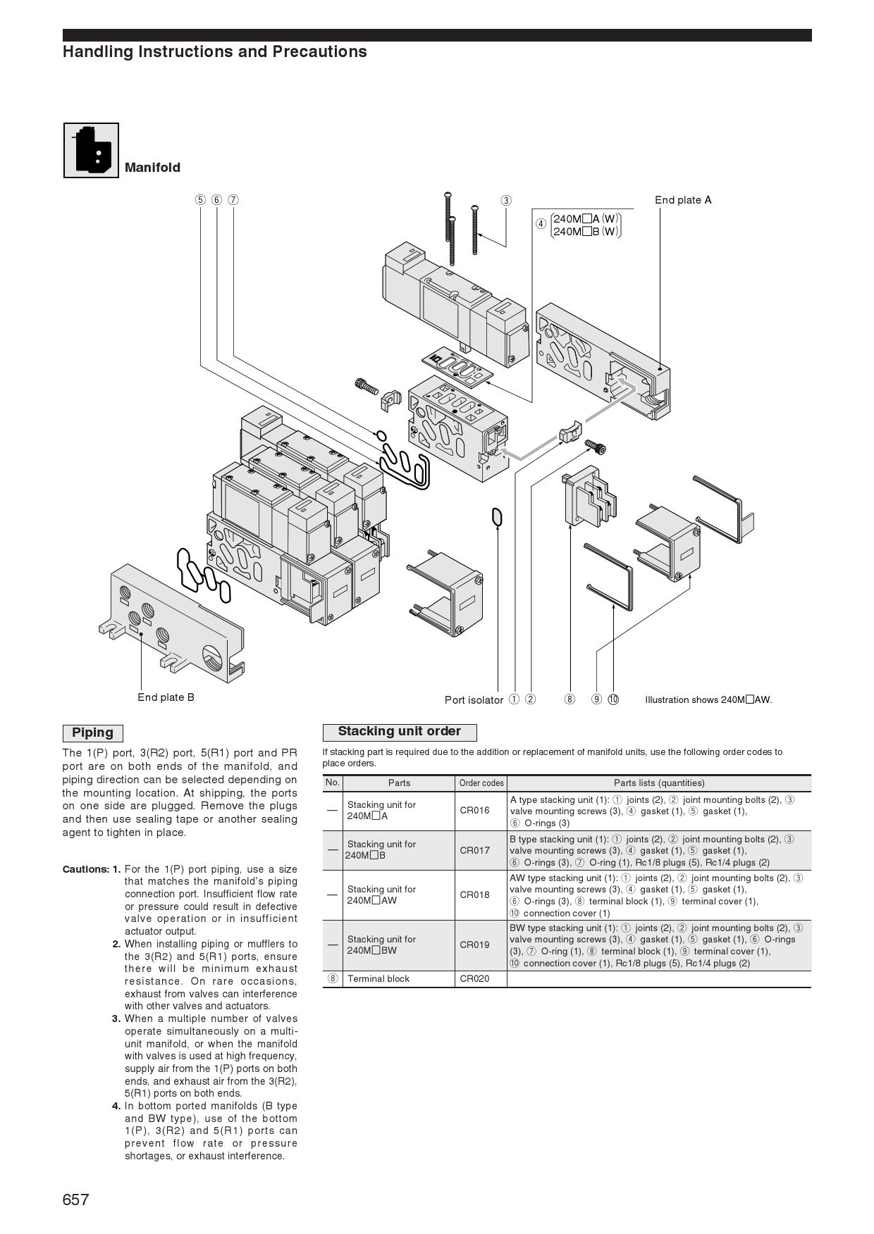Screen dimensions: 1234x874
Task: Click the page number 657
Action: click(76, 1199)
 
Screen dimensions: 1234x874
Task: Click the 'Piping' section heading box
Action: click(92, 733)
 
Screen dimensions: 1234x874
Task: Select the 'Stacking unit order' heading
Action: click(399, 732)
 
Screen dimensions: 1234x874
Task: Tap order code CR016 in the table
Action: click(474, 811)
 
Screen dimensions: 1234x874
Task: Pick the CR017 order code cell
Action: click(474, 850)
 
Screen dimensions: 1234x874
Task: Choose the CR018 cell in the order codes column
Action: click(474, 895)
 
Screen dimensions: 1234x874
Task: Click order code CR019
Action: click(474, 945)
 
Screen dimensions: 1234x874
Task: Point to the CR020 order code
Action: click(474, 978)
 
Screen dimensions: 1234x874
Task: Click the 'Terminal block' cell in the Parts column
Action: click(378, 978)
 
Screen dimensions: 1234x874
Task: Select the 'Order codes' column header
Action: click(481, 783)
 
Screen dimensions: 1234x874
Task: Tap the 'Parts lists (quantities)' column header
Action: click(658, 783)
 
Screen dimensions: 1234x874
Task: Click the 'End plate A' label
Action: click(683, 200)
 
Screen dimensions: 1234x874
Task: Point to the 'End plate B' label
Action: click(166, 697)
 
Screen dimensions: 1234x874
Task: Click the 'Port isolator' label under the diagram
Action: click(474, 700)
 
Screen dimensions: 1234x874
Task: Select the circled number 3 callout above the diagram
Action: click(506, 200)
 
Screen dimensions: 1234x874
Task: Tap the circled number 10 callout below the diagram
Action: click(613, 699)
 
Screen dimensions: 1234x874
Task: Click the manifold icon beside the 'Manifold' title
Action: click(92, 150)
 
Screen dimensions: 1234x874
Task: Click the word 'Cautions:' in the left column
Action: click(85, 869)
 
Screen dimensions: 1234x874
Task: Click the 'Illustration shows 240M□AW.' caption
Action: click(708, 700)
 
